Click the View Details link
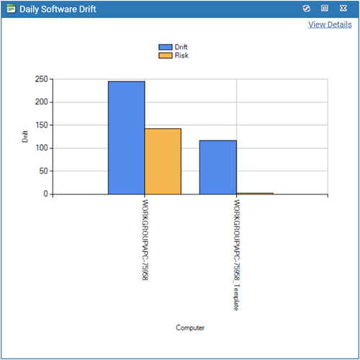[330, 24]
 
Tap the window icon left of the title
[11, 9]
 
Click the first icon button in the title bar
[306, 9]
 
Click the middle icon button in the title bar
[325, 9]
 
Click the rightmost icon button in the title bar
[343, 9]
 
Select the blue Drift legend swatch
[166, 47]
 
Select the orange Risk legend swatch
[166, 55]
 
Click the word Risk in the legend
[181, 55]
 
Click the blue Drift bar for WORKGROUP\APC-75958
[126, 138]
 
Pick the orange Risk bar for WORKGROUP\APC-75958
[163, 161]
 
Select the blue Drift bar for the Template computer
[217, 167]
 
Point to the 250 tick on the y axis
[40, 79]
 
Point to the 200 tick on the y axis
[40, 102]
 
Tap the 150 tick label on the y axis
[40, 125]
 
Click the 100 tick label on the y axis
[40, 148]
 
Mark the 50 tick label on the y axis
[43, 171]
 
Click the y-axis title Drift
[25, 137]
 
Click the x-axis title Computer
[190, 328]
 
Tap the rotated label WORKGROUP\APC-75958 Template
[235, 255]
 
